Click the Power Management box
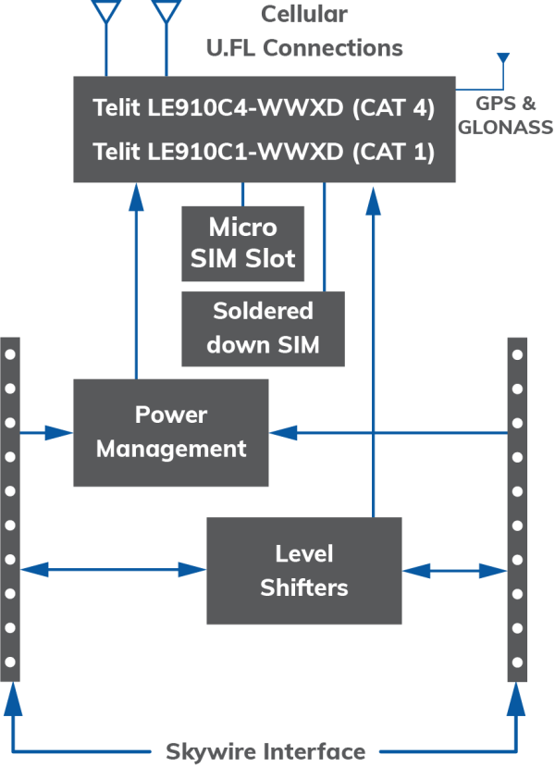point(170,432)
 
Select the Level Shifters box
point(303,570)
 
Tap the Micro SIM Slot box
point(242,242)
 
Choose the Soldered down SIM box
point(262,328)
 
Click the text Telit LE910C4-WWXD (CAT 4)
point(264,107)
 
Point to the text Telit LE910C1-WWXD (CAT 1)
point(264,152)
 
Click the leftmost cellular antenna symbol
point(106,12)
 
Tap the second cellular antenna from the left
point(166,12)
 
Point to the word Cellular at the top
point(304,14)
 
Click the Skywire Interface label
point(265,750)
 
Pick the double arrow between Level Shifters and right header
point(454,570)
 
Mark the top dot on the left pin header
point(10,354)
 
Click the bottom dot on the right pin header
point(518,662)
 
